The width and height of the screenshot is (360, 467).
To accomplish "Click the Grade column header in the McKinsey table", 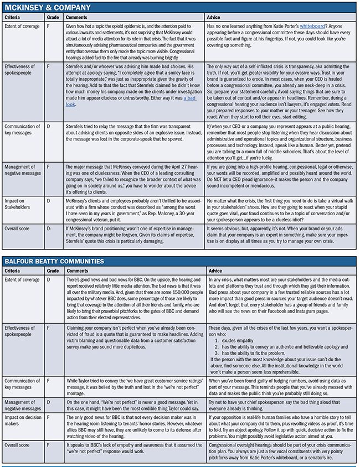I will tap(50, 18).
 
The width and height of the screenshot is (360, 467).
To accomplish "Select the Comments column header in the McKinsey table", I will tap(77, 18).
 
